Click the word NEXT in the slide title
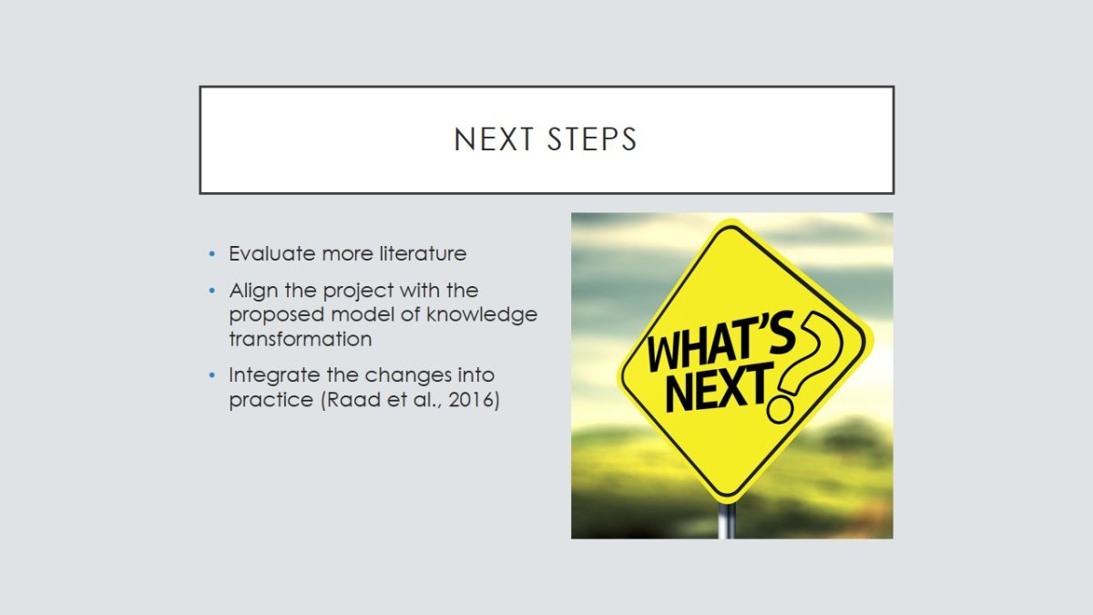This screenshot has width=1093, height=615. [x=494, y=139]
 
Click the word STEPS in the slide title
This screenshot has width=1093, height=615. [x=592, y=139]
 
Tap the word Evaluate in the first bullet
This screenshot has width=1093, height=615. [x=272, y=254]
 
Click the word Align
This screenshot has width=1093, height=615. [x=254, y=292]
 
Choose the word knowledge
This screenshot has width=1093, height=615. [x=482, y=315]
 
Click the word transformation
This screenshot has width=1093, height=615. [x=301, y=339]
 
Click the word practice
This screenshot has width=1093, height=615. [x=271, y=400]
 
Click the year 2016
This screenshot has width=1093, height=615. [x=471, y=400]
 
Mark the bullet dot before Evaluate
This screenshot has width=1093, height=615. [x=211, y=254]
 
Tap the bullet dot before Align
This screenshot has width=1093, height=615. [x=211, y=291]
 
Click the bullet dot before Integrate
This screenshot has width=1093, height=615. [x=211, y=375]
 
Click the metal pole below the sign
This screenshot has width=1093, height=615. [x=727, y=521]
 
